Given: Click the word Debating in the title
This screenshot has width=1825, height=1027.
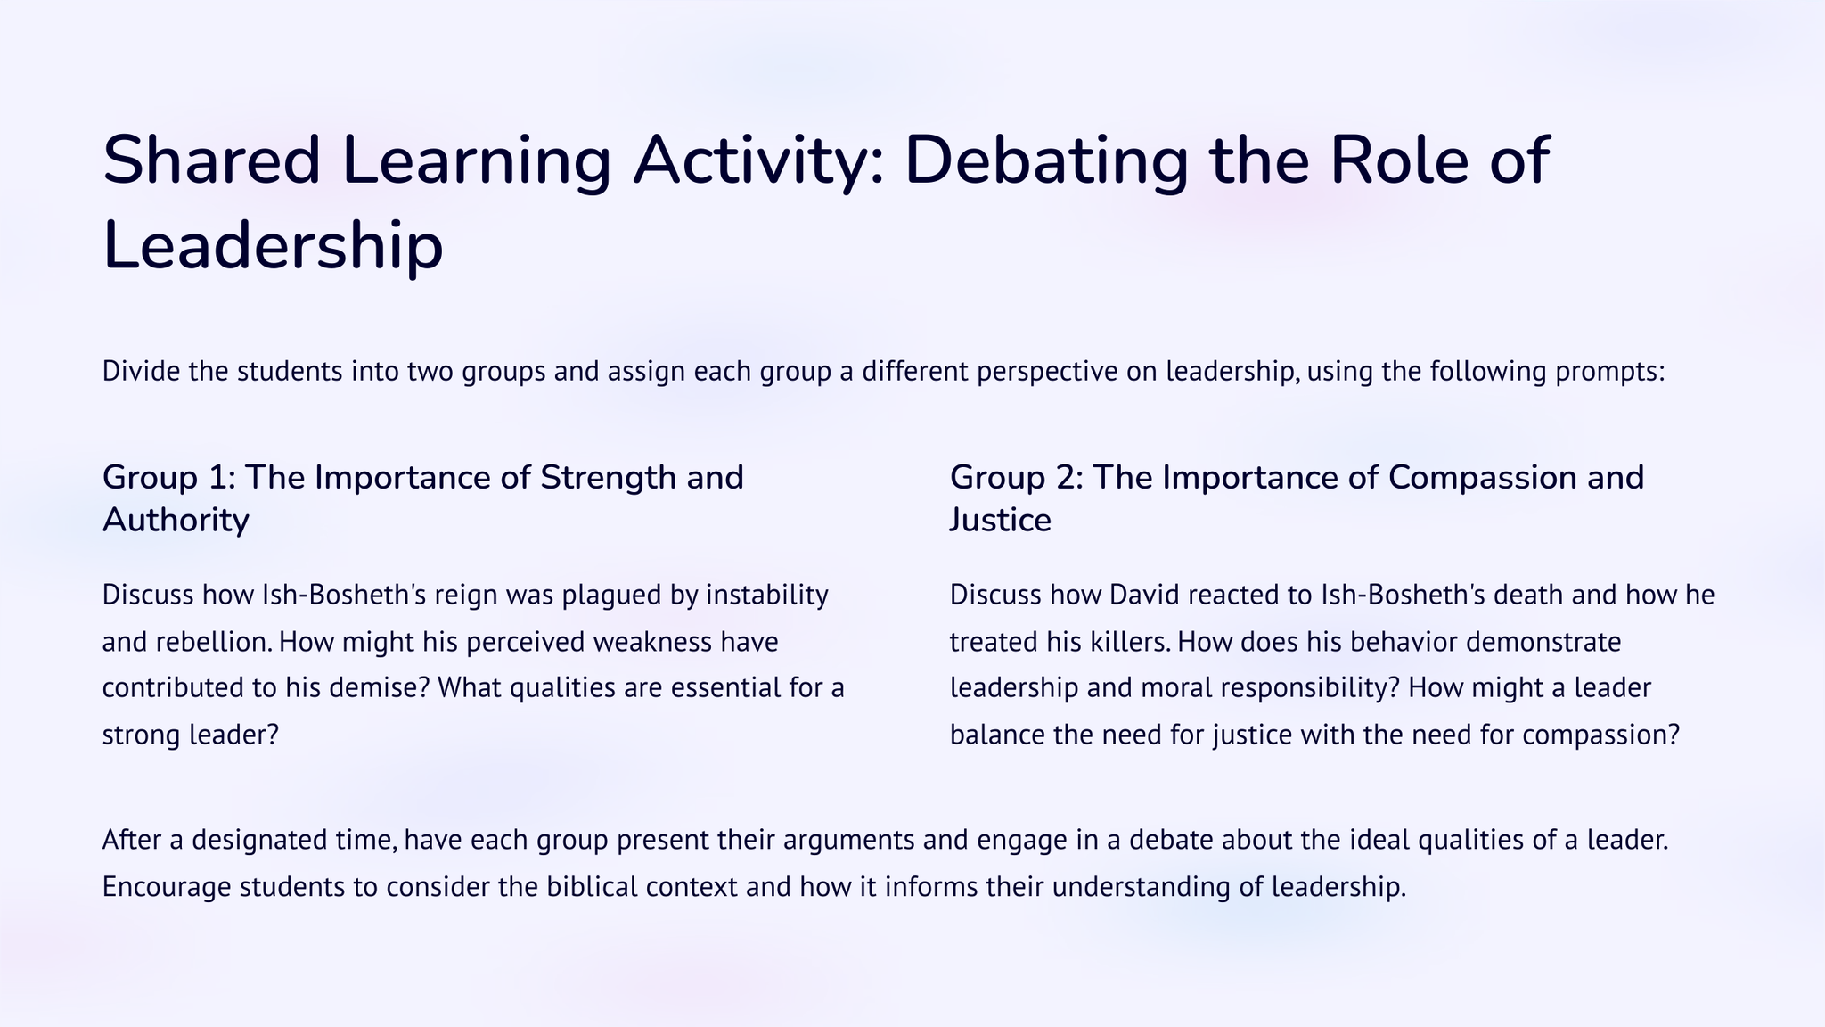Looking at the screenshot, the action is pyautogui.click(x=1047, y=160).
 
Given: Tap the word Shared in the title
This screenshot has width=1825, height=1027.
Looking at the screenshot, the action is pyautogui.click(x=211, y=160).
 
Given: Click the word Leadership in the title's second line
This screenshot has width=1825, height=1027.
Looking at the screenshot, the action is pyautogui.click(x=273, y=246).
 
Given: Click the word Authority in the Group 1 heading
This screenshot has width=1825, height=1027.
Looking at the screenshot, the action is pyautogui.click(x=176, y=521).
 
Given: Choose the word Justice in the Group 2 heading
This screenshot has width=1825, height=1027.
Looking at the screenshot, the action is pyautogui.click(x=1001, y=521).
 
